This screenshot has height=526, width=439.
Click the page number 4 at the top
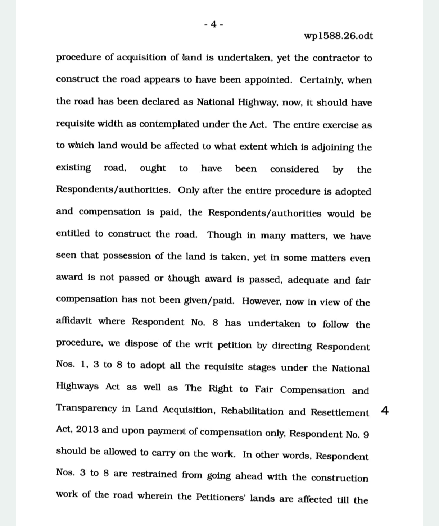(x=213, y=24)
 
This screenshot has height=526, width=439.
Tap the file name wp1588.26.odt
(x=338, y=36)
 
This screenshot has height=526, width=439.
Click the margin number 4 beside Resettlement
(x=385, y=410)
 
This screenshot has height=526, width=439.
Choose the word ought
(x=153, y=168)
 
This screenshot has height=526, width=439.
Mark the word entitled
(x=73, y=234)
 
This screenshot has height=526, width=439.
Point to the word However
(x=262, y=301)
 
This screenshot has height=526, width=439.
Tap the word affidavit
(x=74, y=321)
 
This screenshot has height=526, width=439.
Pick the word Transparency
(x=86, y=408)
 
